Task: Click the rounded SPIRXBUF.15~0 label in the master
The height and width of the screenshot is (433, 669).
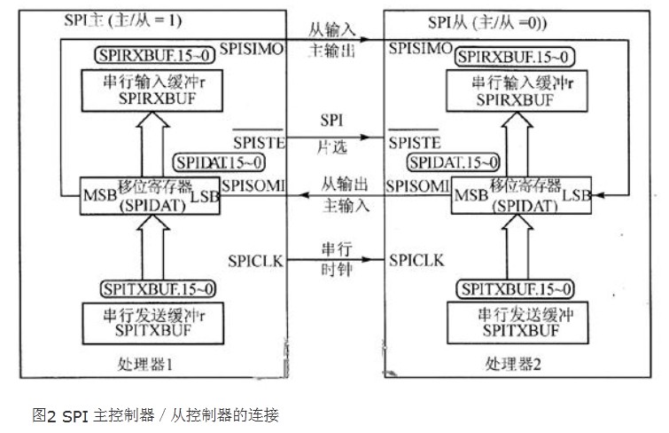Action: pos(144,55)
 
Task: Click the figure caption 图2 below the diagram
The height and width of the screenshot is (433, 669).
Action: pos(156,413)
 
